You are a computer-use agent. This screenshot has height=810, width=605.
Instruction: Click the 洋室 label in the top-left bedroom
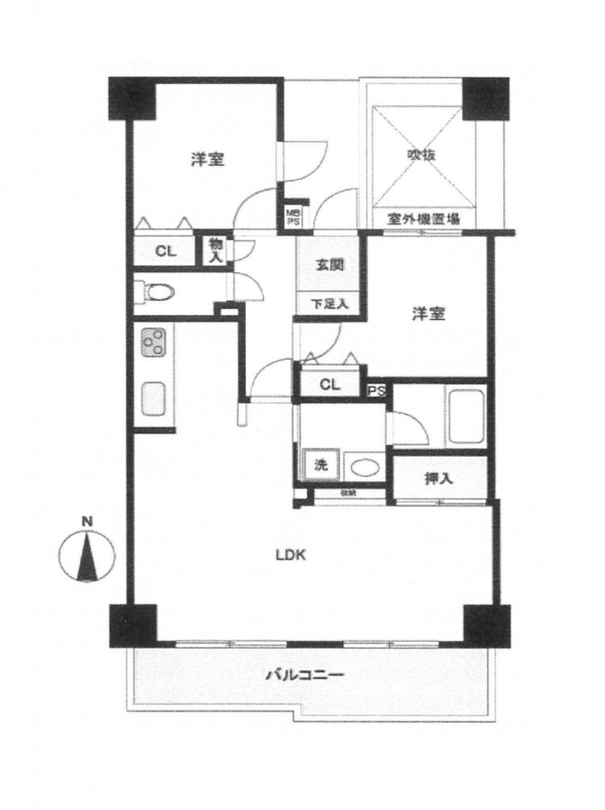(208, 159)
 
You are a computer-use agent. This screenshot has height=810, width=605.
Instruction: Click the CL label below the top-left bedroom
(165, 251)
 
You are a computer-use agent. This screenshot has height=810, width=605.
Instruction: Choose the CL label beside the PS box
(329, 384)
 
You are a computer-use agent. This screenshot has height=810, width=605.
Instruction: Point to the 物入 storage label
(216, 250)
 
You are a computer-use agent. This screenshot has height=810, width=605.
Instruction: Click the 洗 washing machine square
(321, 466)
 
